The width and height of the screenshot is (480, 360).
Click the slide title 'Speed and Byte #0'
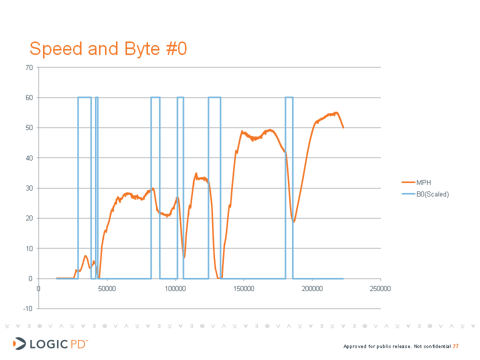[x=108, y=48]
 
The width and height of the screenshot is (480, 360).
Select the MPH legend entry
[x=424, y=182]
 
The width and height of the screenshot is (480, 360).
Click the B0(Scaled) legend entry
[x=432, y=194]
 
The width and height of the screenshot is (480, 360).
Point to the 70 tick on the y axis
[x=30, y=67]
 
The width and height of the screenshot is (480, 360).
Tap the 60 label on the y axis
[x=30, y=97]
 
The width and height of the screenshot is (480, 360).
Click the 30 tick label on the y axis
[x=30, y=188]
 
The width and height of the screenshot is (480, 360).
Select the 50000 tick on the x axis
[x=107, y=288]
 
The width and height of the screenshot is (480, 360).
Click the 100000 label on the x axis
[x=175, y=288]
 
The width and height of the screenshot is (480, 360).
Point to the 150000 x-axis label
[x=244, y=288]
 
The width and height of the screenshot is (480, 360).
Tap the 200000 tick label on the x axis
[x=312, y=288]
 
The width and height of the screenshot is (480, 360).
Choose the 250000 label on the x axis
[x=380, y=288]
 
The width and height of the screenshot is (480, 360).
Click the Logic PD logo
[x=50, y=343]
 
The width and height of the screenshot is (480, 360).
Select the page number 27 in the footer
[x=456, y=346]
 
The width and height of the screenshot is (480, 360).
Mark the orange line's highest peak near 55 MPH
[x=336, y=112]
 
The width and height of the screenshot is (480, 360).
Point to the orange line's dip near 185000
[x=294, y=221]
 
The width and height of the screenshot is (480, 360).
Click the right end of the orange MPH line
[x=343, y=127]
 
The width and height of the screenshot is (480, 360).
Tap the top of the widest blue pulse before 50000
[x=84, y=97]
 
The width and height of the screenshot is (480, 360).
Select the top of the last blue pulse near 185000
[x=289, y=97]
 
